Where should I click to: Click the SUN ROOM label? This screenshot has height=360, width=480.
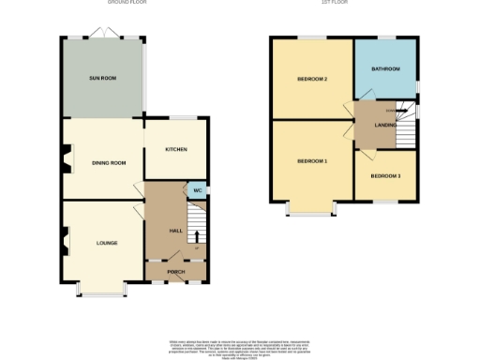pyautogui.click(x=102, y=78)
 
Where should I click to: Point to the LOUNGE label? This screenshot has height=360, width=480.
pyautogui.click(x=107, y=243)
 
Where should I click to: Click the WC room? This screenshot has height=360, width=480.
pyautogui.click(x=197, y=190)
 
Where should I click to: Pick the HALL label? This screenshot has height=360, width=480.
pyautogui.click(x=174, y=230)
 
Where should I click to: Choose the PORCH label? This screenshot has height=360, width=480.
pyautogui.click(x=176, y=272)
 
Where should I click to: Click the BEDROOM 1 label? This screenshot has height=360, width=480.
pyautogui.click(x=312, y=161)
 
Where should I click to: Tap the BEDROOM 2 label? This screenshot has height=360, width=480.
pyautogui.click(x=312, y=79)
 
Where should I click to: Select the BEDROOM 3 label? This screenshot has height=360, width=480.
pyautogui.click(x=385, y=176)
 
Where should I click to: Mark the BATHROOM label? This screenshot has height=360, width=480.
pyautogui.click(x=385, y=68)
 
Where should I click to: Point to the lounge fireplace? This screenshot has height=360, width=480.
pyautogui.click(x=66, y=244)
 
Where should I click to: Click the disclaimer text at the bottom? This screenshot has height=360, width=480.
pyautogui.click(x=239, y=347)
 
